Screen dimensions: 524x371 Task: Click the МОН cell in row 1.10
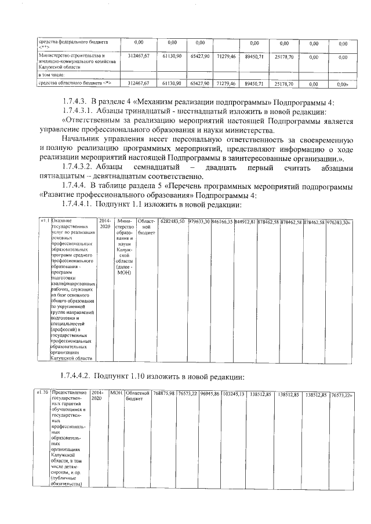point(117,394)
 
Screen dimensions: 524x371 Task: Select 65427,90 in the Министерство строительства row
point(201,57)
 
